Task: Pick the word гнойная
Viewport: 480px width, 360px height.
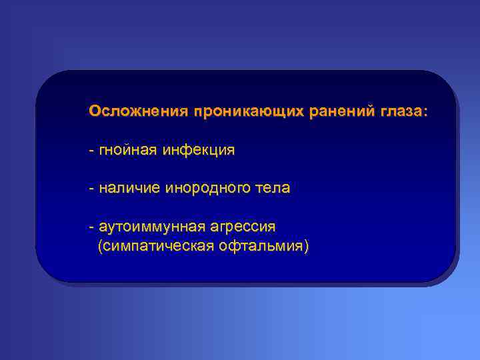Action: [x=126, y=151]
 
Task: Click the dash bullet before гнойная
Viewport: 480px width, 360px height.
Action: [x=91, y=151]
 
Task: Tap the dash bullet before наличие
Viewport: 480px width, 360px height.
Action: [x=91, y=189]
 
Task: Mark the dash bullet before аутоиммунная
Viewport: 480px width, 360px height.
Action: [x=91, y=227]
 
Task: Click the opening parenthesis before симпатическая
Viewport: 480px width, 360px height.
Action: [x=100, y=247]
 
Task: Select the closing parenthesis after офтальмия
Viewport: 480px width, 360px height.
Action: [x=307, y=247]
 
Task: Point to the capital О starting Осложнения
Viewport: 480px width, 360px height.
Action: [x=95, y=111]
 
